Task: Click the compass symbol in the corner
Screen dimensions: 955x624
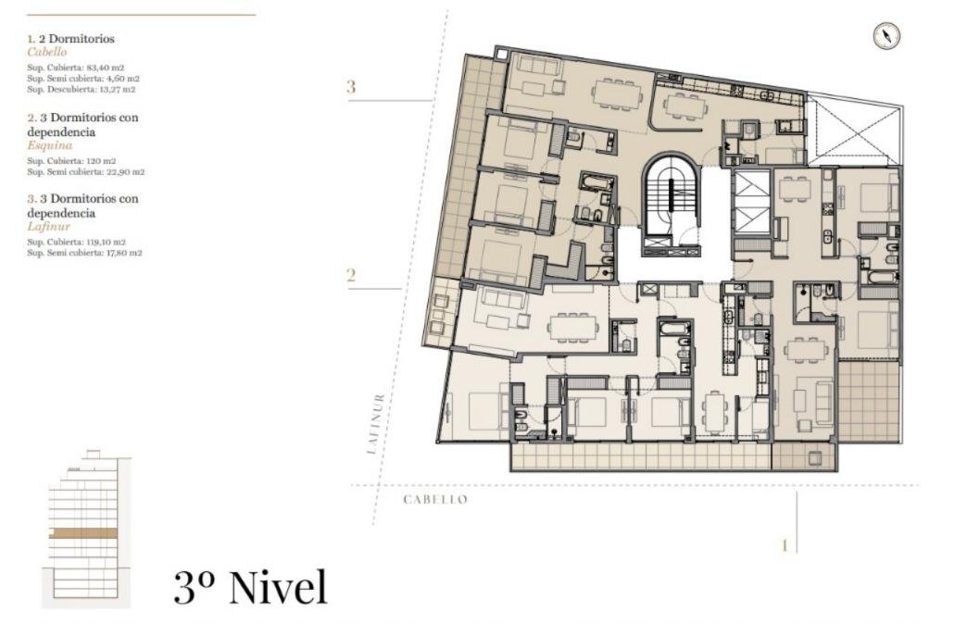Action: click(x=886, y=36)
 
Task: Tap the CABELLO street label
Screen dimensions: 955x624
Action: click(x=435, y=500)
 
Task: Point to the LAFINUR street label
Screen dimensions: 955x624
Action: click(x=376, y=424)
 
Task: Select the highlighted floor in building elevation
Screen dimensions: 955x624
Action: click(x=82, y=533)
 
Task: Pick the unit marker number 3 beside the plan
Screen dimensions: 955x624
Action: click(x=351, y=87)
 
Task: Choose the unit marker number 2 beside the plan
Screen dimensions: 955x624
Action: click(x=351, y=276)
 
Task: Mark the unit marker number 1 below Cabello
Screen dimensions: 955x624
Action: click(x=785, y=545)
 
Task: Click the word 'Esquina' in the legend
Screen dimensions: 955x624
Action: click(x=49, y=145)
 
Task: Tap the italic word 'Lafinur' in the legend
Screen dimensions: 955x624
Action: click(x=49, y=227)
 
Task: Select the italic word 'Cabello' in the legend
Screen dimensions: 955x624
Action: click(x=47, y=53)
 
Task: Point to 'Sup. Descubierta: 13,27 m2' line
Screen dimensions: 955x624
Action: click(x=81, y=90)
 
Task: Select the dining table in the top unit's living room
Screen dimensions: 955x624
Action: click(x=617, y=94)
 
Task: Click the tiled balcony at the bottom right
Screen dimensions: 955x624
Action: click(x=869, y=401)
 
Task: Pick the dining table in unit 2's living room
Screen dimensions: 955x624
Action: click(x=572, y=326)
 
